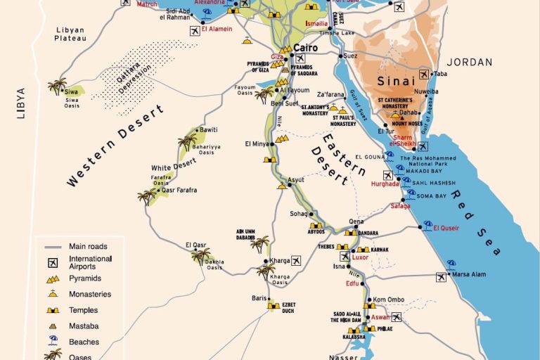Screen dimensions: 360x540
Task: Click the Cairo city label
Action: [304, 48]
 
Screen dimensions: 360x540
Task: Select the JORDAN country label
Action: [470, 62]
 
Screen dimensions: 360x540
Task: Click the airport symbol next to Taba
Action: [424, 73]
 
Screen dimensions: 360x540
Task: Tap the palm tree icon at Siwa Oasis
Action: [56, 87]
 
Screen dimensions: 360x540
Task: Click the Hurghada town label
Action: [385, 184]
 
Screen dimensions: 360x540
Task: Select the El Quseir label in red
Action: [447, 228]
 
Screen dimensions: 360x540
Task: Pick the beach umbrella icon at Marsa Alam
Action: [451, 265]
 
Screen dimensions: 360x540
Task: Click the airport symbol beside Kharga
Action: [296, 261]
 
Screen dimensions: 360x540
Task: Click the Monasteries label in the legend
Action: [89, 294]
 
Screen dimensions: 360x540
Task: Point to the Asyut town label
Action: [296, 180]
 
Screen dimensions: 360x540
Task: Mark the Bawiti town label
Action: [209, 130]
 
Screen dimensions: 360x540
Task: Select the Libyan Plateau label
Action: [70, 34]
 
